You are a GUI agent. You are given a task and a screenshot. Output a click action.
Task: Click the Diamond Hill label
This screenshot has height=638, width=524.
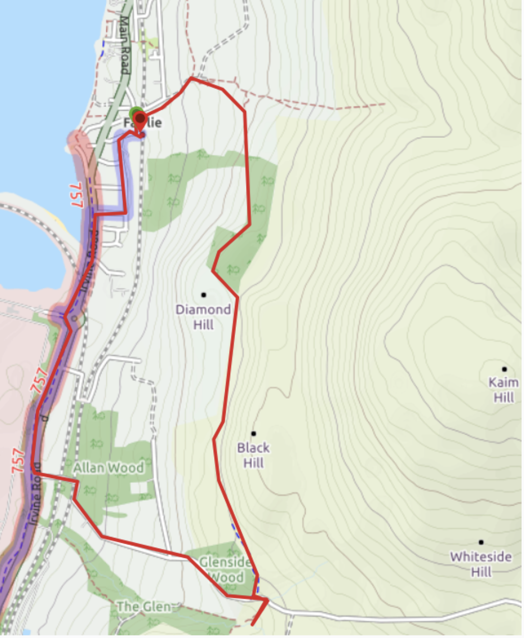(x=203, y=317)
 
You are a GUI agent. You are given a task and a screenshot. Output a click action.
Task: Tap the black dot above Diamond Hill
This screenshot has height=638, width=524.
(x=204, y=294)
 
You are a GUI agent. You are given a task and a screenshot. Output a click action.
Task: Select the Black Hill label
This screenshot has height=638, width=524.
(x=253, y=455)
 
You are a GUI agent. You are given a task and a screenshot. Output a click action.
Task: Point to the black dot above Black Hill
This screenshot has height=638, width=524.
(x=253, y=433)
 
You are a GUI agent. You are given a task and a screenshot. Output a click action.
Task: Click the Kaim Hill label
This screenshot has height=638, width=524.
(x=503, y=390)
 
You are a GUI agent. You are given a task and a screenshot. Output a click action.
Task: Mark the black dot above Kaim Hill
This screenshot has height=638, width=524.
(x=504, y=369)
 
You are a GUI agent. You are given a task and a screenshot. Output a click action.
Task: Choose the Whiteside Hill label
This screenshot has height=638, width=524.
(x=480, y=564)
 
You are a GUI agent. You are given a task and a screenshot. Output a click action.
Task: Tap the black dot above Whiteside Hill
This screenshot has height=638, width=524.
(x=481, y=542)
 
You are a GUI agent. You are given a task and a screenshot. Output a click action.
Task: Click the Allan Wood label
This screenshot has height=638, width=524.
(x=108, y=467)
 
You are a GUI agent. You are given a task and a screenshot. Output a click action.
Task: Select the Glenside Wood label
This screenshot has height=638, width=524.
(x=226, y=569)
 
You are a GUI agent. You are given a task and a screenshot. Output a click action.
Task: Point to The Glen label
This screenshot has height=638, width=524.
(x=144, y=607)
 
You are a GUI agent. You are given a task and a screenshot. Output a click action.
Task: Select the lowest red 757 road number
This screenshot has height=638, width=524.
(x=18, y=461)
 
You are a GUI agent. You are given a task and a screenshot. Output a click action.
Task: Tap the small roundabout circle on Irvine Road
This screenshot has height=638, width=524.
(x=74, y=319)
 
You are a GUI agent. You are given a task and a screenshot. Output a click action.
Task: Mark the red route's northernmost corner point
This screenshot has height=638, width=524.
(x=192, y=77)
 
